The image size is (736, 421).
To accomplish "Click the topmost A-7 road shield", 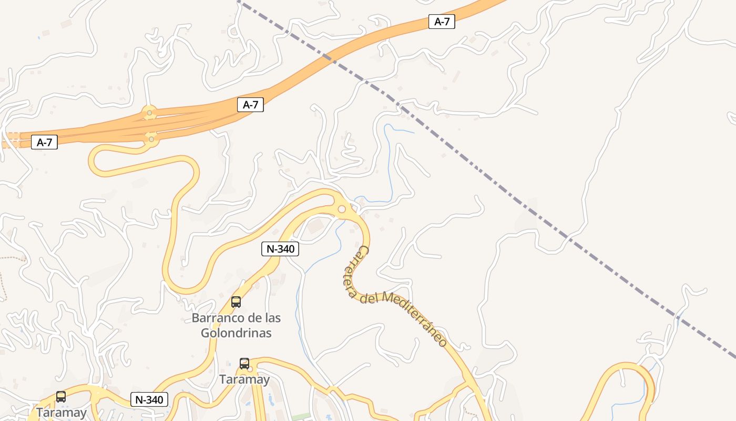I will click(x=442, y=22).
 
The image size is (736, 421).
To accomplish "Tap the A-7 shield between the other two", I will click(x=250, y=105).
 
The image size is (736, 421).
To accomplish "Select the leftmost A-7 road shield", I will click(x=44, y=142).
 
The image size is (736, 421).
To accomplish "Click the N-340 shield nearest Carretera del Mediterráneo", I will click(x=280, y=249).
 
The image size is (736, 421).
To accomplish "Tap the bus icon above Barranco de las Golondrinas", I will click(x=236, y=302).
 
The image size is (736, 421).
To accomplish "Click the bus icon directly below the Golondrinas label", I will click(x=244, y=364).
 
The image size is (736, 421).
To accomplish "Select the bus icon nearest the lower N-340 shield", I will click(x=61, y=397).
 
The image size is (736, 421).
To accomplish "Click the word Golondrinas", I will click(x=236, y=333).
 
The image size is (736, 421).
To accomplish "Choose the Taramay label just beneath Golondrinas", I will click(x=244, y=379).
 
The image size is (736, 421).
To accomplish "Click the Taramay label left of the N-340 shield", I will click(x=61, y=413).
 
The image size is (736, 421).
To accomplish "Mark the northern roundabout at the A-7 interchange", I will click(x=150, y=113).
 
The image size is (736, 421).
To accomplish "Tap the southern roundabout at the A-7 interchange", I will click(x=151, y=139).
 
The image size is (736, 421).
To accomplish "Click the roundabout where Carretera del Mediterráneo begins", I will click(x=342, y=209).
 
